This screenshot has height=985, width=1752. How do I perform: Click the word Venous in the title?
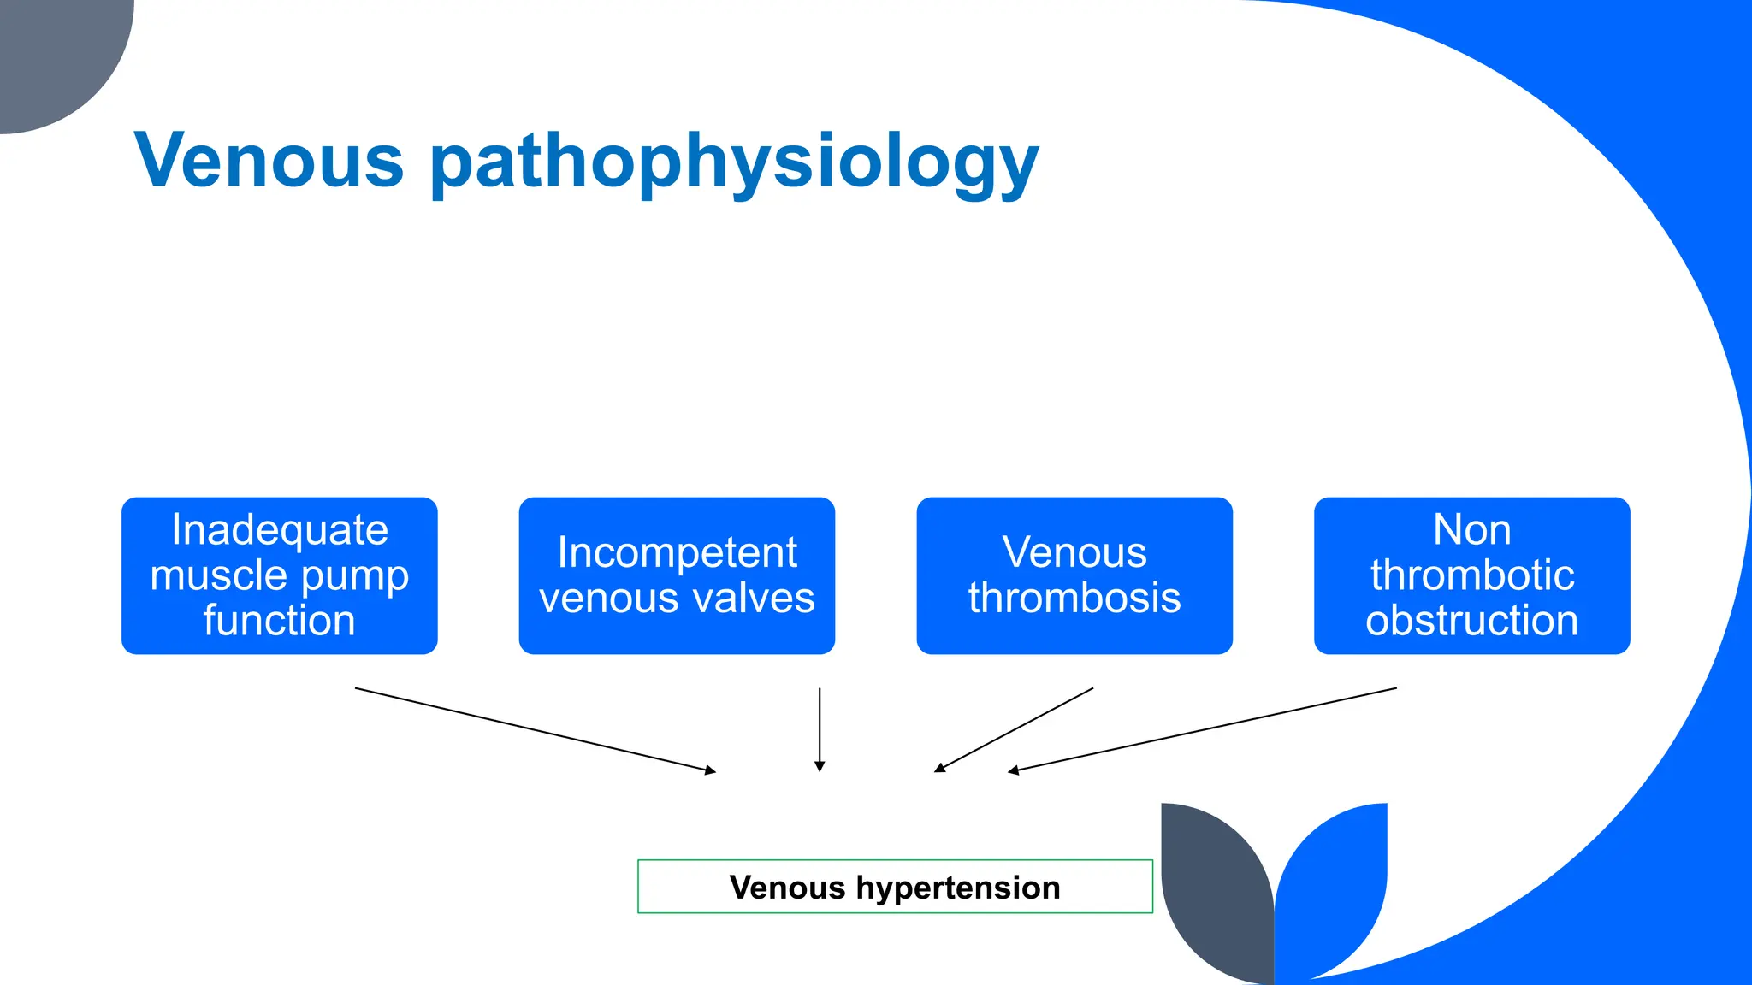coord(269,161)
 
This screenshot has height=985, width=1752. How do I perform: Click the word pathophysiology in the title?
coord(734,164)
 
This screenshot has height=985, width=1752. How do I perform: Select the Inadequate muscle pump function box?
coord(279,575)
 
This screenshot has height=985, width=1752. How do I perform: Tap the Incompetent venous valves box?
coord(677,575)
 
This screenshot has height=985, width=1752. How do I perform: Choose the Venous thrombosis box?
coord(1074,575)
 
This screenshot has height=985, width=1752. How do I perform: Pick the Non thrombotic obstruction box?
coord(1471,575)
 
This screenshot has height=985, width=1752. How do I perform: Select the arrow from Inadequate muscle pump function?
coord(535,729)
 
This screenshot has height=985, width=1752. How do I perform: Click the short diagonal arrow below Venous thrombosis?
coord(1014,729)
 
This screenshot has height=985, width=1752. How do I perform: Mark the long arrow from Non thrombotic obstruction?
coord(1202,729)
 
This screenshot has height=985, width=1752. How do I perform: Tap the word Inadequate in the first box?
coord(280,530)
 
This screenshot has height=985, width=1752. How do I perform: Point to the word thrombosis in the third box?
coord(1074,598)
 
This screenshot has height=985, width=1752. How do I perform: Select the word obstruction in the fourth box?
coord(1471,621)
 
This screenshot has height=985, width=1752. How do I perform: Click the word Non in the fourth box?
coord(1471,530)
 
